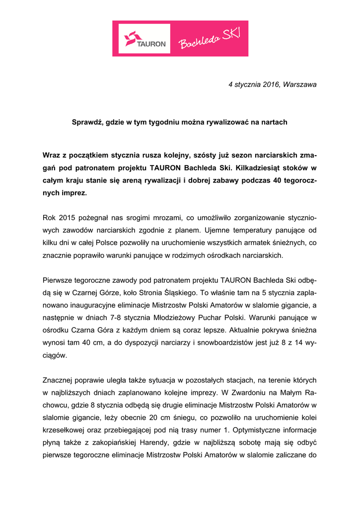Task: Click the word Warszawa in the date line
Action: coord(300,85)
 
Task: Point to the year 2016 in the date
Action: coord(268,85)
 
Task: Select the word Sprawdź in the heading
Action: coord(86,122)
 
